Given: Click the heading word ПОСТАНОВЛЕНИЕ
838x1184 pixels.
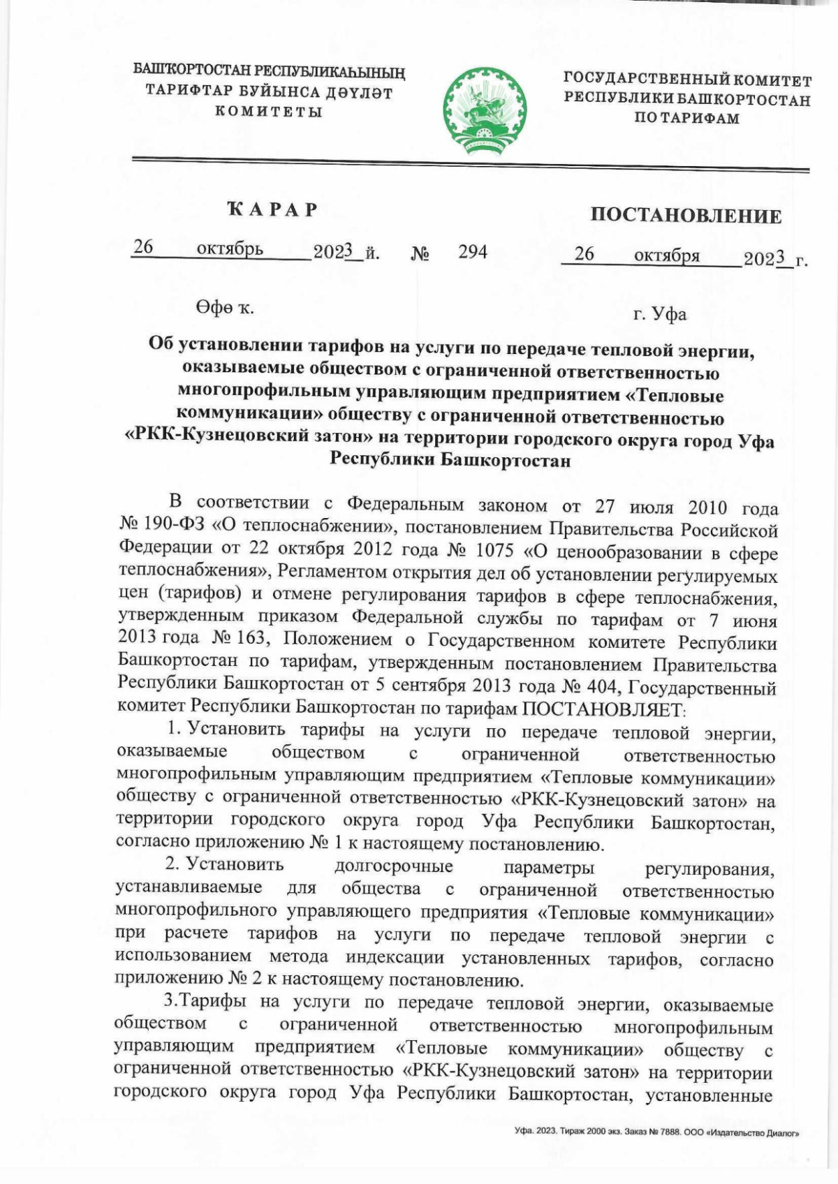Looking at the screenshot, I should (686, 215).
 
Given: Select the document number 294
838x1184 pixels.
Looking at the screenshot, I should (473, 252).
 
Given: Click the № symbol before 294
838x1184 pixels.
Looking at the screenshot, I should (420, 253).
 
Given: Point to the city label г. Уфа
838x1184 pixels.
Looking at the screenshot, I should (659, 314).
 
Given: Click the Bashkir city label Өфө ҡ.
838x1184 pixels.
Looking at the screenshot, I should (224, 307).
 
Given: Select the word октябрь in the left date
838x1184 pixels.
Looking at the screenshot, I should (230, 249).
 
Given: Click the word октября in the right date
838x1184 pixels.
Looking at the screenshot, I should (666, 256).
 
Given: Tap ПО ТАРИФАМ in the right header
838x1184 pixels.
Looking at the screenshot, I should (686, 119).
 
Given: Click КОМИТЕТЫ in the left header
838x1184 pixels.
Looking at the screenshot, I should (268, 111).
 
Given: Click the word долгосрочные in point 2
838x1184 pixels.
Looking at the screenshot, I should (394, 866).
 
